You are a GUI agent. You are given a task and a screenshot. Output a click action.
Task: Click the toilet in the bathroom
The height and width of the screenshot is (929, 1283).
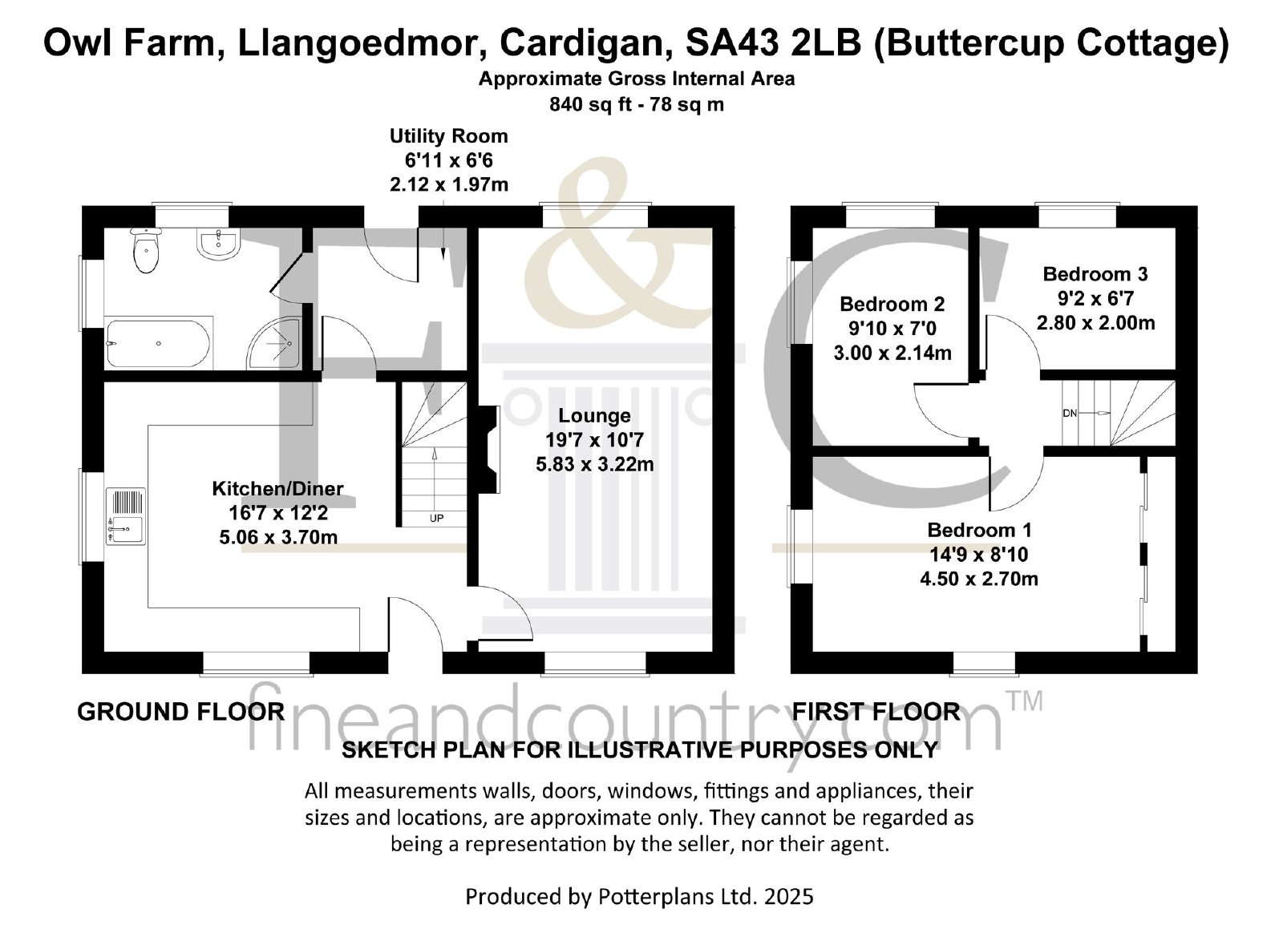[147, 248]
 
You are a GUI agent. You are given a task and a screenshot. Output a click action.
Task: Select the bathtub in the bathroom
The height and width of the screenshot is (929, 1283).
[159, 343]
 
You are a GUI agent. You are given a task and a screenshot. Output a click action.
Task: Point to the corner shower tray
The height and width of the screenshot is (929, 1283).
[275, 344]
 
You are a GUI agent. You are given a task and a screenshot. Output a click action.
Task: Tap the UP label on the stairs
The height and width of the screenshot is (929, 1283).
[436, 518]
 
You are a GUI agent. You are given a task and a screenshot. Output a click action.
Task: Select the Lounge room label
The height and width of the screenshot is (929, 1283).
[594, 416]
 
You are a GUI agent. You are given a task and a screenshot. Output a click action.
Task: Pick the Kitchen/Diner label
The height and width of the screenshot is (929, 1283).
[277, 488]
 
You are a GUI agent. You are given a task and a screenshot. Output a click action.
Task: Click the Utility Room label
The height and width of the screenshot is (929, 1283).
[449, 136]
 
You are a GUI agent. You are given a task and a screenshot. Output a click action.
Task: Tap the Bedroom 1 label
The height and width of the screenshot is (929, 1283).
[979, 530]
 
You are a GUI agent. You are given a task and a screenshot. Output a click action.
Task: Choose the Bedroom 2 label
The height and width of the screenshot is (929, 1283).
[892, 304]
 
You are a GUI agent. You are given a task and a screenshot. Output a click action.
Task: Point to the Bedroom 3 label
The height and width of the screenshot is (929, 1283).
[1095, 274]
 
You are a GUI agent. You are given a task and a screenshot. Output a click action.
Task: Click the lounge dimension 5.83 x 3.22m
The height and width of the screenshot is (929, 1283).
[594, 463]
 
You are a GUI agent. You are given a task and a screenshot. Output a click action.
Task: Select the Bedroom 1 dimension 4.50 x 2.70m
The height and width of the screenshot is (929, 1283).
[979, 578]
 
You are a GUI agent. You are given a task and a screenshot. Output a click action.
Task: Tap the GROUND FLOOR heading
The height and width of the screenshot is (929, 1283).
[180, 711]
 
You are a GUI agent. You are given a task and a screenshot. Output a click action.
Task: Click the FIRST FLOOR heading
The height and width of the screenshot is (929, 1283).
[876, 711]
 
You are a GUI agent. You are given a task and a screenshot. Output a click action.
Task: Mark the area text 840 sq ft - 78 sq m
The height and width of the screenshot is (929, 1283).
[637, 104]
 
